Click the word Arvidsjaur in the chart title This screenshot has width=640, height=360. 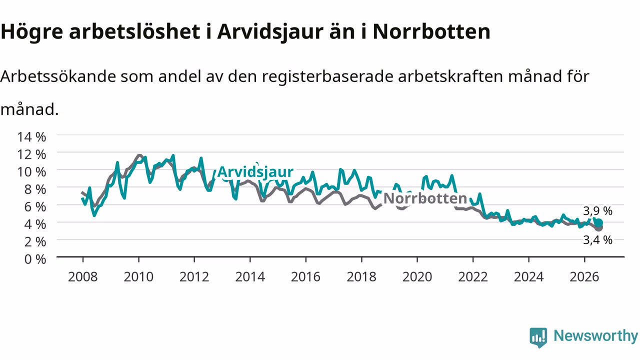point(270,31)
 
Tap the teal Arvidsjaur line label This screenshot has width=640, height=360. point(255,171)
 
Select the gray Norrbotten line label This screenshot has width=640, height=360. point(425,198)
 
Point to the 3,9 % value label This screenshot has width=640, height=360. point(597,211)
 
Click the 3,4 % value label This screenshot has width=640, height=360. point(597,240)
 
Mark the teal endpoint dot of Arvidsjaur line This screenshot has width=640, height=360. point(599,223)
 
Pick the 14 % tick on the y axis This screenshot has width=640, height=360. point(31,137)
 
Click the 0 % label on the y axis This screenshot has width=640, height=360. point(35,259)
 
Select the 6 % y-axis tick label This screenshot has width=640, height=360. point(35,207)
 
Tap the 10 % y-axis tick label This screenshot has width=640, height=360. point(31,172)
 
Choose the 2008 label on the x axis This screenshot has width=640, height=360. point(83,277)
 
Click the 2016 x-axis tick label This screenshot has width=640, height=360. point(305,277)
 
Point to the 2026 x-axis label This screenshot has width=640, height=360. point(584,277)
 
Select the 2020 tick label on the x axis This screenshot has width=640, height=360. point(417,277)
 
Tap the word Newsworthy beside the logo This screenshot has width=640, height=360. point(595,335)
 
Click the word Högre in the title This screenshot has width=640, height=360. point(32,31)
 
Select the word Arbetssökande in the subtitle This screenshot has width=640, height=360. point(58,76)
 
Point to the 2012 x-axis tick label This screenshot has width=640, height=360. point(194,277)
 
